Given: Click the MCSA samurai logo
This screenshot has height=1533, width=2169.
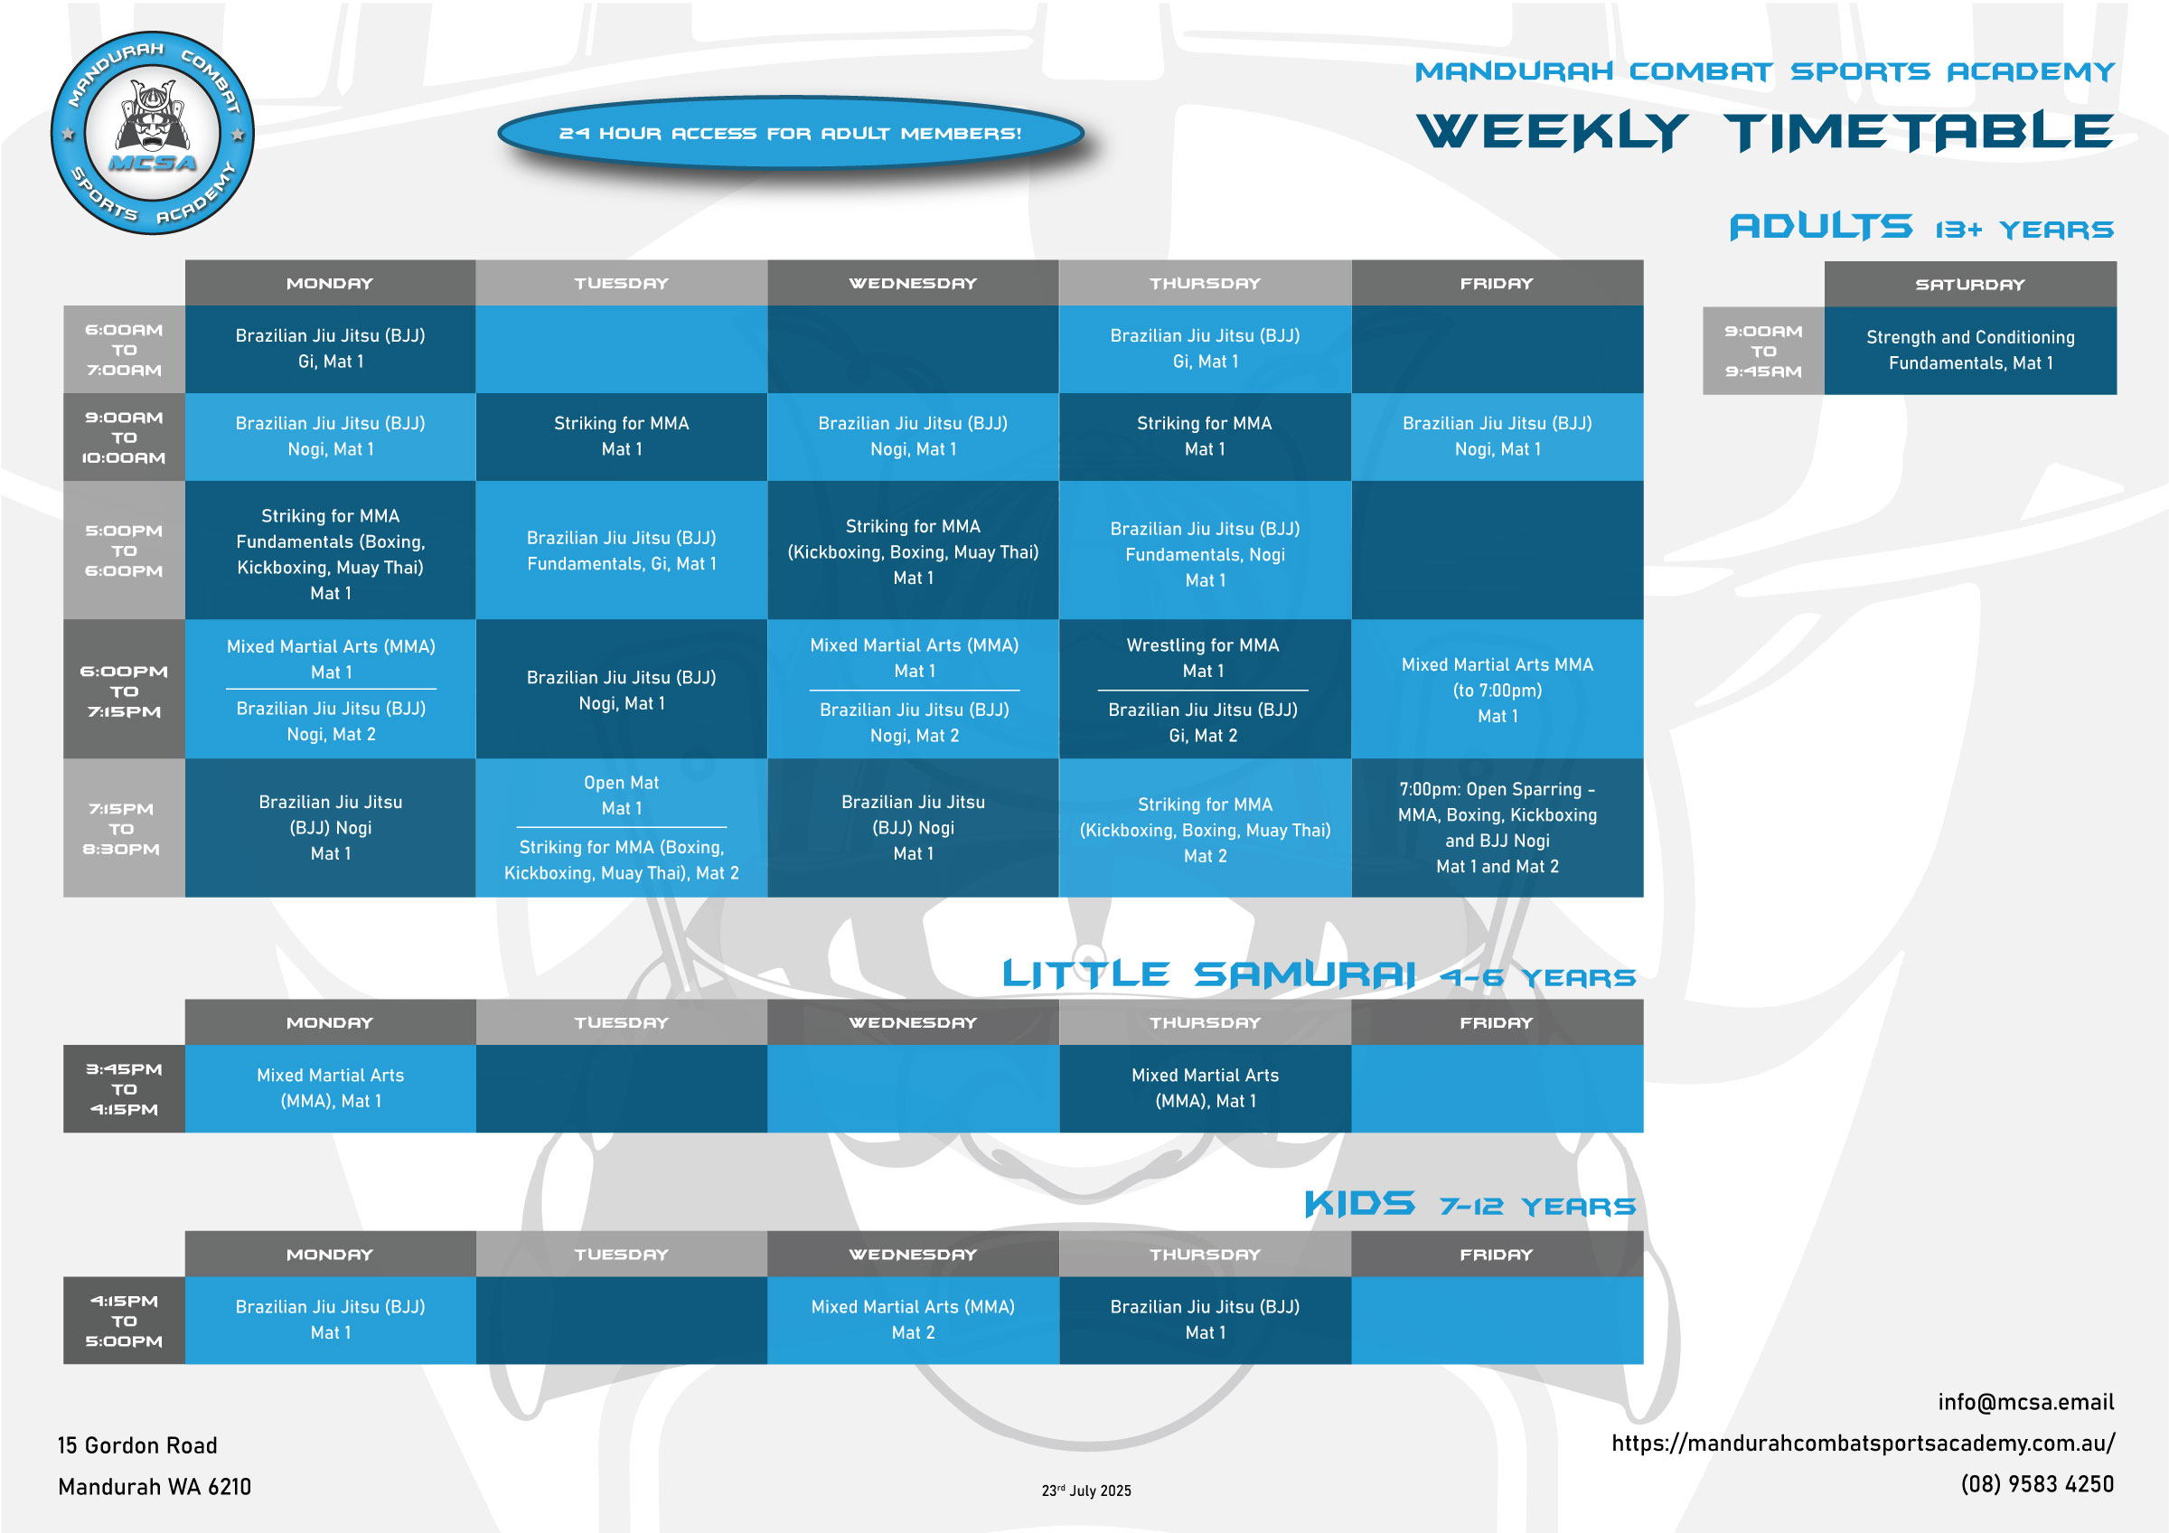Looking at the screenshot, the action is tap(152, 132).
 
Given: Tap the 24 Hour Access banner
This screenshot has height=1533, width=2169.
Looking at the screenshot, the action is tap(790, 133).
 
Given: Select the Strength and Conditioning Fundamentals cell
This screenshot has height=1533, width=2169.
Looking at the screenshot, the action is tap(1969, 351).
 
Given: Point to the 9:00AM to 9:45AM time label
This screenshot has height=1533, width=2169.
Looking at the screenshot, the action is tap(1763, 351).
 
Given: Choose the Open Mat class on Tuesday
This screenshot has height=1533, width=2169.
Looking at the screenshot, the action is tap(621, 795).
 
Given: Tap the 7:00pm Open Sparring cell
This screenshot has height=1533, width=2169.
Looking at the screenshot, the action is tap(1497, 827).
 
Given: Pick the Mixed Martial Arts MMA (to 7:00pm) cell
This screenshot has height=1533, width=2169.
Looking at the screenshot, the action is tap(1497, 690).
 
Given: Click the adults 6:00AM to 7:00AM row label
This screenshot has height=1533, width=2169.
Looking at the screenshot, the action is tap(124, 350).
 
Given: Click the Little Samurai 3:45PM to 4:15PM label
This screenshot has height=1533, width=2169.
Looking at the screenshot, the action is tap(124, 1089).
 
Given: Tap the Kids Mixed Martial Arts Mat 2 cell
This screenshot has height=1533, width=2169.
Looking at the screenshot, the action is tap(913, 1320).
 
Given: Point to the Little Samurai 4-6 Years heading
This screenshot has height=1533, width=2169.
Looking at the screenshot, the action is tap(1319, 974).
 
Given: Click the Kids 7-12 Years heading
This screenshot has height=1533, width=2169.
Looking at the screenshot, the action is tap(1469, 1204).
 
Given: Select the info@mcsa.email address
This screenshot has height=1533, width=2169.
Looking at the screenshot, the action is tap(2025, 1402).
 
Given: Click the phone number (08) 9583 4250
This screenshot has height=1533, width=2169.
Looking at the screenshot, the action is tap(2037, 1484).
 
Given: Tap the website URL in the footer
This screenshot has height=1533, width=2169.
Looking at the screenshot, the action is tap(1863, 1444).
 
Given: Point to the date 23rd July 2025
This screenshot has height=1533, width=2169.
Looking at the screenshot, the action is tap(1085, 1491).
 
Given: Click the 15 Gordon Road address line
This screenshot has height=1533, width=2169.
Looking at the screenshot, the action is tap(137, 1445).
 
